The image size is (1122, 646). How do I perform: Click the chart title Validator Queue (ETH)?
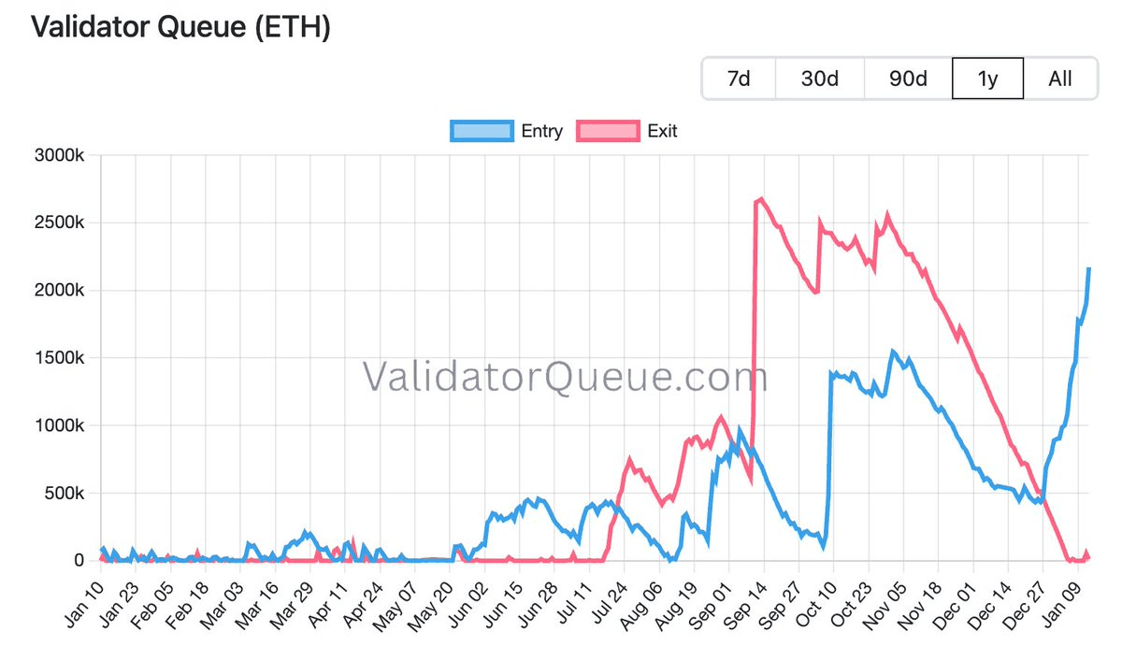click(181, 27)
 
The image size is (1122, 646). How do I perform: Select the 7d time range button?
click(739, 79)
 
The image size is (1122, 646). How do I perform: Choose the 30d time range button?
click(819, 79)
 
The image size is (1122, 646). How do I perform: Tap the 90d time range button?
click(907, 79)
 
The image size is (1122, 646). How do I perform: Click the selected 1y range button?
click(987, 79)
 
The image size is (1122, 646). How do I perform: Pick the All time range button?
click(1060, 79)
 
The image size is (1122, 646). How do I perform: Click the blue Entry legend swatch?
click(482, 131)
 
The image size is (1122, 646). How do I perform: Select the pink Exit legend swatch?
click(608, 131)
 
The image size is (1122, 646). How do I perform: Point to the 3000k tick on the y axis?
click(62, 156)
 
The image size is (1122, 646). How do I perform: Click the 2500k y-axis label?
click(62, 223)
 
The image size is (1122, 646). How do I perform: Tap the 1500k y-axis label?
click(62, 358)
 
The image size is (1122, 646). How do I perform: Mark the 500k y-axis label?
click(65, 493)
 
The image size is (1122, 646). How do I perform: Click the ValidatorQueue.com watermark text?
click(565, 377)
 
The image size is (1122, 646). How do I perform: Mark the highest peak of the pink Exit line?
click(762, 198)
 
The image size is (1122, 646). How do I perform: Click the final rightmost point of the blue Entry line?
click(1088, 269)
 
